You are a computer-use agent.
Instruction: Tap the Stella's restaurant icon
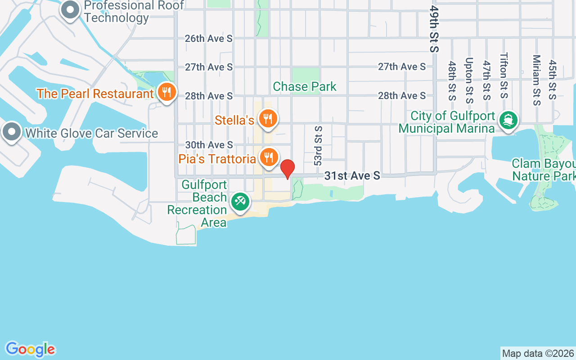268,119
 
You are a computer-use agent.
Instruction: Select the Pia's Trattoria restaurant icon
269,157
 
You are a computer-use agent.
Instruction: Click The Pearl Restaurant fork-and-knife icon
167,93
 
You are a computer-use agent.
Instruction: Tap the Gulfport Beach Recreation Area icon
240,201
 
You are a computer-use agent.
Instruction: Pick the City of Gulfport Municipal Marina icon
508,120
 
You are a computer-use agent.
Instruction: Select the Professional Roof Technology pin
70,10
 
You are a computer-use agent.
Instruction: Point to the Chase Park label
305,86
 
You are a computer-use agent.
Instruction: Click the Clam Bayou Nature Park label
544,169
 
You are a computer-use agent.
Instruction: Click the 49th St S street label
434,29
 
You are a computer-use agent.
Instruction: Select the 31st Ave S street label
352,175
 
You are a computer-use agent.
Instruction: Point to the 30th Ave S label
209,145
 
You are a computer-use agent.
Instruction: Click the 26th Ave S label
209,39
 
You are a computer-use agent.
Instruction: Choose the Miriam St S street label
536,80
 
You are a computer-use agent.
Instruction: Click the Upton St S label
469,80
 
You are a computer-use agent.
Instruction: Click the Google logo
30,349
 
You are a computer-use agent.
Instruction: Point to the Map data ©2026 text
538,353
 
